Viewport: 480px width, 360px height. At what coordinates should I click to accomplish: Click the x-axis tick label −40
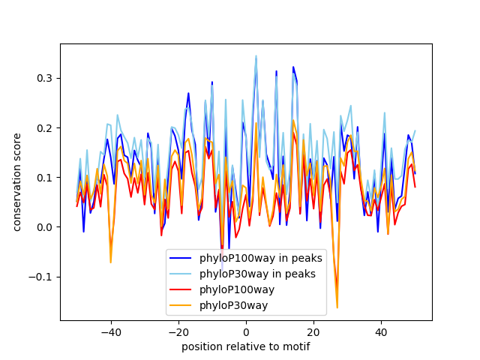(x=110, y=331)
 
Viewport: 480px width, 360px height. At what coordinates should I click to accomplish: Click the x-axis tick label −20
(x=178, y=331)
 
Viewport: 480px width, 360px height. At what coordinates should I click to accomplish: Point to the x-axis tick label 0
(x=246, y=331)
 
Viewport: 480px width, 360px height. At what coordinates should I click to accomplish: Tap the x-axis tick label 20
(x=313, y=331)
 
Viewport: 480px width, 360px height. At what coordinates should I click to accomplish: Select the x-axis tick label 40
(x=381, y=331)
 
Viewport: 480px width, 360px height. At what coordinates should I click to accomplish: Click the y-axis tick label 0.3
(x=44, y=79)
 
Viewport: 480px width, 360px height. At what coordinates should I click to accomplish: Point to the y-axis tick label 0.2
(x=44, y=128)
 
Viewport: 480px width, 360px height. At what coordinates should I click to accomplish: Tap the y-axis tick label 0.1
(x=44, y=178)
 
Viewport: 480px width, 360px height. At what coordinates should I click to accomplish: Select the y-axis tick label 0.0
(x=44, y=227)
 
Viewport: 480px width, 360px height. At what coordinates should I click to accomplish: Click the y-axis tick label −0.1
(x=41, y=277)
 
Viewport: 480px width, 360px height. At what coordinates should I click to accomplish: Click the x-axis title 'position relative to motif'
(x=246, y=346)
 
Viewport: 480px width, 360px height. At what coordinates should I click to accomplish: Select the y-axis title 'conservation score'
(x=16, y=182)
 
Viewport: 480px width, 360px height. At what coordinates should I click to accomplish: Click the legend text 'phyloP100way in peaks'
(x=261, y=259)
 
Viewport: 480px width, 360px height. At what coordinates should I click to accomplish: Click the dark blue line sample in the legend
(x=182, y=259)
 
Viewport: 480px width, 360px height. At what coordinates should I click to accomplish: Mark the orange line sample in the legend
(x=182, y=305)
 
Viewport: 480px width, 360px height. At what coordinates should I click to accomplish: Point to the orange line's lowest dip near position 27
(x=337, y=307)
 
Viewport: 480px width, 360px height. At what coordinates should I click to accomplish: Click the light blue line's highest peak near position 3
(x=256, y=55)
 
